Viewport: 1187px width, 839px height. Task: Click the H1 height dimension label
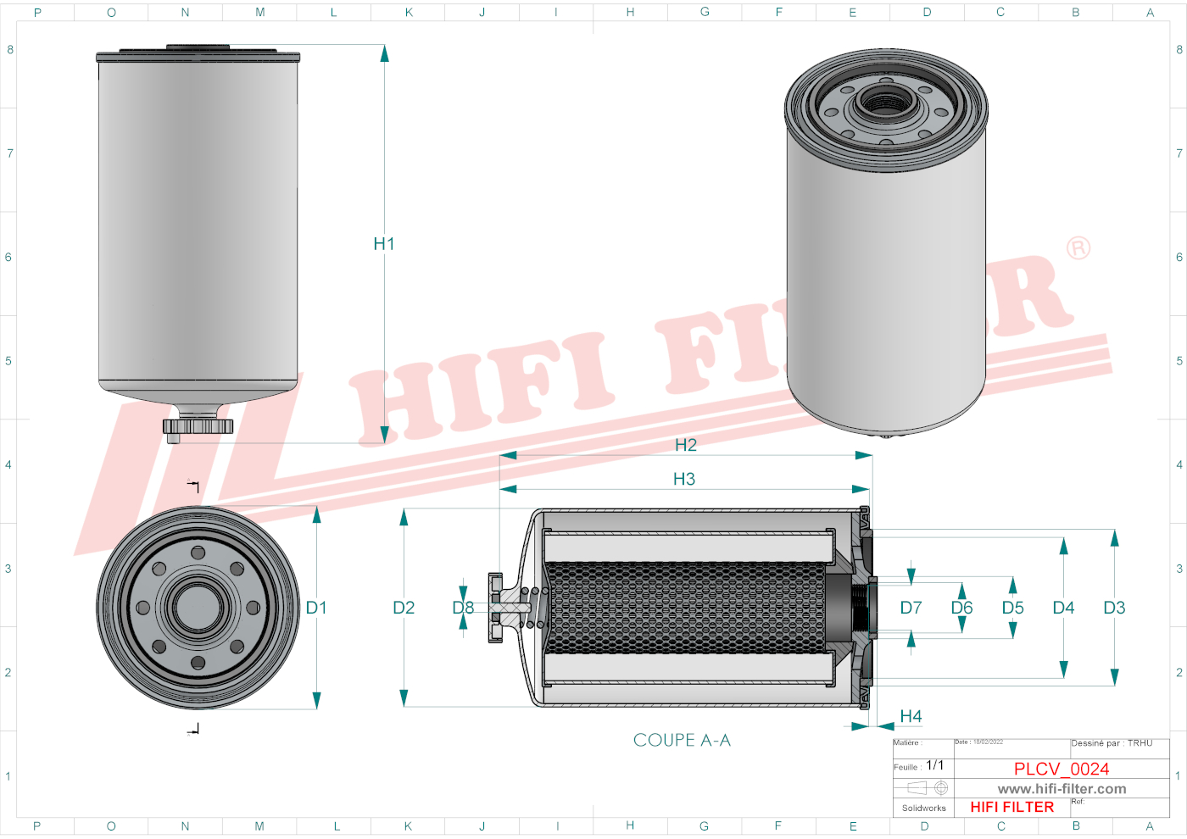[x=383, y=244]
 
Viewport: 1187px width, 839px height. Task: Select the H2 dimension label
[x=685, y=445]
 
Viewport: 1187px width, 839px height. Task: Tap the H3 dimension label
[x=683, y=480]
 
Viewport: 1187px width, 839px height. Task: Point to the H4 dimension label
[x=911, y=717]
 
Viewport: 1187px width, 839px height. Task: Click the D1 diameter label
[x=316, y=608]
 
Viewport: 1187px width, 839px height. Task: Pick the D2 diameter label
[x=404, y=608]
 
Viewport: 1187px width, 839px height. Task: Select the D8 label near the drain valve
[x=463, y=608]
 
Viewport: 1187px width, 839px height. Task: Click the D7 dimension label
[x=911, y=608]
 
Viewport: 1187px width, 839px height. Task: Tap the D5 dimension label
[x=1012, y=608]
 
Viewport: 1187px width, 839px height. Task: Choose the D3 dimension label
[x=1114, y=608]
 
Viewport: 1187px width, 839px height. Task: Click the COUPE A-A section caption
[x=682, y=741]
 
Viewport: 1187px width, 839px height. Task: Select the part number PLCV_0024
[x=1062, y=769]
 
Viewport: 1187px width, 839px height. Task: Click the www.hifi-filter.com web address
[x=1062, y=789]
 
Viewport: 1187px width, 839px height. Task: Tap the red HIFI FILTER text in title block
[x=1011, y=807]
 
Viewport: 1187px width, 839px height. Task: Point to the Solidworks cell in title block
[x=923, y=808]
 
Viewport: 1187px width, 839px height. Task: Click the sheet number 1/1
[x=934, y=765]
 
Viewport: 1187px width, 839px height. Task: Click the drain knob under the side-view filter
[x=197, y=427]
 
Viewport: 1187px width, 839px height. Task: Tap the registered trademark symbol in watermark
[x=1078, y=248]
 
